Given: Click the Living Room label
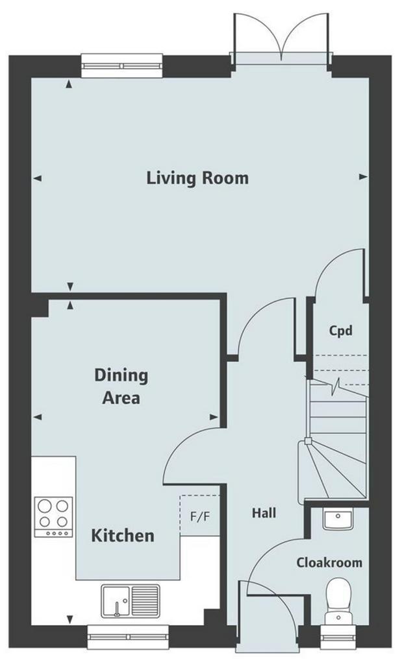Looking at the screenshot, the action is (197, 178).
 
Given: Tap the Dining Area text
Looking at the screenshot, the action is (121, 386).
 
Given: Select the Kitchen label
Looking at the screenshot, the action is (123, 536).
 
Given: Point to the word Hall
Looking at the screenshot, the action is (264, 514).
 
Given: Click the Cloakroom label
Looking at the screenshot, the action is (329, 563).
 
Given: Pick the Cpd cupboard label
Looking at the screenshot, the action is (341, 330).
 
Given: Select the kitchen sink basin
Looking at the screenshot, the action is (116, 601).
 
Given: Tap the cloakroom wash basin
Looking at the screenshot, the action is (338, 519).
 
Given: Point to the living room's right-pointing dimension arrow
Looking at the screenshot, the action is (363, 177).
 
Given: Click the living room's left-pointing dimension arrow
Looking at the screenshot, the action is (37, 178).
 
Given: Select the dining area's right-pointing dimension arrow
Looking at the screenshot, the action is (214, 417).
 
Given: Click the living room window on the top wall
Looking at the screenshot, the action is (122, 65).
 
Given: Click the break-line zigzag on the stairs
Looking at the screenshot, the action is (337, 386).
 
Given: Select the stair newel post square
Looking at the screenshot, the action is (308, 441).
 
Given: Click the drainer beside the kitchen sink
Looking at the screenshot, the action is (145, 600).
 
